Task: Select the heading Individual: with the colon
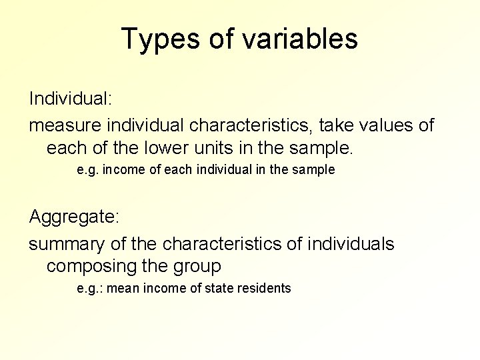point(70,99)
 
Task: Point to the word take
point(339,125)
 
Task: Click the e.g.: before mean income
point(89,289)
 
